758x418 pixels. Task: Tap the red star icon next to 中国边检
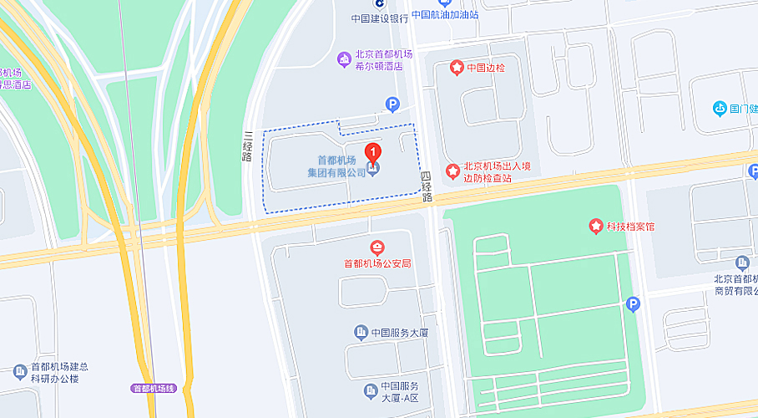[456, 67]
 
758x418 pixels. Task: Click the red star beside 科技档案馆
[596, 226]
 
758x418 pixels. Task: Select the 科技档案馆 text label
[631, 226]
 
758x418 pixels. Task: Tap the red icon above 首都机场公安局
[377, 247]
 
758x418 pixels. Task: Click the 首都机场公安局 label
[377, 263]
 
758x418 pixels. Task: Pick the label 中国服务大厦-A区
[399, 391]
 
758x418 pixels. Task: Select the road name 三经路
[248, 147]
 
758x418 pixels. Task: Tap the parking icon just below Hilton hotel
[392, 104]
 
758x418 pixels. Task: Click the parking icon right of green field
[633, 305]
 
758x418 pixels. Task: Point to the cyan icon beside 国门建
[720, 108]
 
